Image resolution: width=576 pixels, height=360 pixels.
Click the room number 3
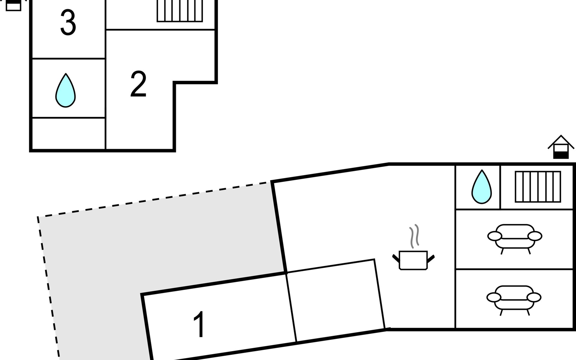click(68, 22)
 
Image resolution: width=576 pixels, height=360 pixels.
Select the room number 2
click(138, 84)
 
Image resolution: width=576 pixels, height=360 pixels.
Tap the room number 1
click(199, 324)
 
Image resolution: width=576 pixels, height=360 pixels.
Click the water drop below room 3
click(65, 91)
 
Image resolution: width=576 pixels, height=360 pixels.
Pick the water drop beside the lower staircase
click(481, 187)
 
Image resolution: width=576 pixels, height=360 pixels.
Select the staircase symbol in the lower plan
click(538, 187)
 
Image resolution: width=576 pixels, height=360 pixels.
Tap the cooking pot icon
click(413, 260)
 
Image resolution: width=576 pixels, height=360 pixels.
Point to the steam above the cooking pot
click(414, 236)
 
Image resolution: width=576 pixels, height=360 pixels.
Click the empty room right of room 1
click(335, 300)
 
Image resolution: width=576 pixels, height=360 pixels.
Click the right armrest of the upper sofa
click(535, 236)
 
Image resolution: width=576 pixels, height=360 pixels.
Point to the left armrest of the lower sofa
click(493, 298)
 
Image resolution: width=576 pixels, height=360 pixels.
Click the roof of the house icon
click(561, 140)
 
